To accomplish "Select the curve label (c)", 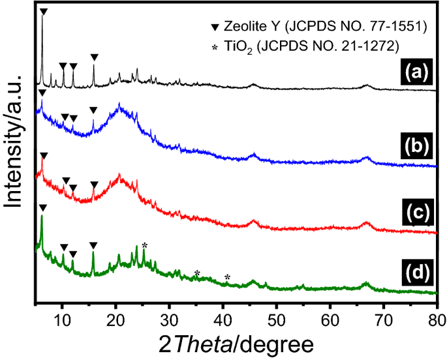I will pos(412,213).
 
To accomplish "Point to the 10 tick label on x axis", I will pos(62,318).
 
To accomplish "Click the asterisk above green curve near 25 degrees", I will pos(145,245).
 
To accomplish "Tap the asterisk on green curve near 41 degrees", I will pos(227,278).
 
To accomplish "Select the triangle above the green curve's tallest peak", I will pos(42,207).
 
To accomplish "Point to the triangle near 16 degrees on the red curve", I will pos(94,185).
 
